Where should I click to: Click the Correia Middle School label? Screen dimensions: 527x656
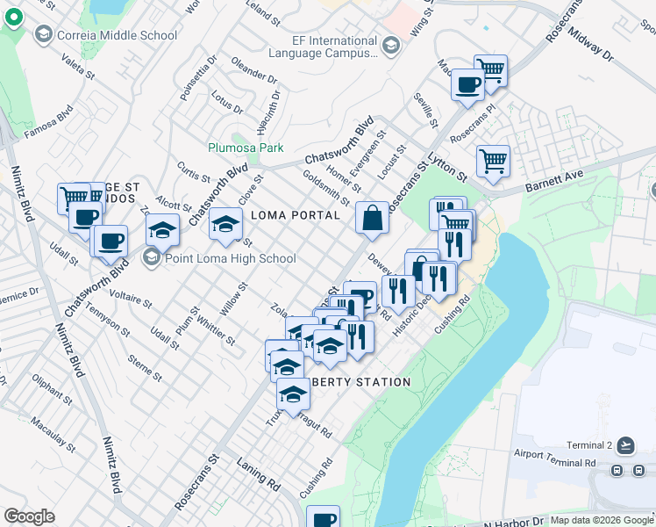click(116, 35)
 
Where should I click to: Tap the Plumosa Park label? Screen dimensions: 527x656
click(245, 148)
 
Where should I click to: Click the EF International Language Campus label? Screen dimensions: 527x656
click(334, 47)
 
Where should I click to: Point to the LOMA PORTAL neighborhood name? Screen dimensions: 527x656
click(296, 215)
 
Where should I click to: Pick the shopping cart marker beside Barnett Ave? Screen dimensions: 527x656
click(494, 161)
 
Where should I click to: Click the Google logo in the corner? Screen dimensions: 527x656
click(29, 516)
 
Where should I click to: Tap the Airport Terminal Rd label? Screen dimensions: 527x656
click(556, 461)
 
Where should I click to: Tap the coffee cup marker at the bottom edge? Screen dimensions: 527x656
click(323, 517)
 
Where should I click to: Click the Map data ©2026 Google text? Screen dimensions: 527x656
click(601, 520)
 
